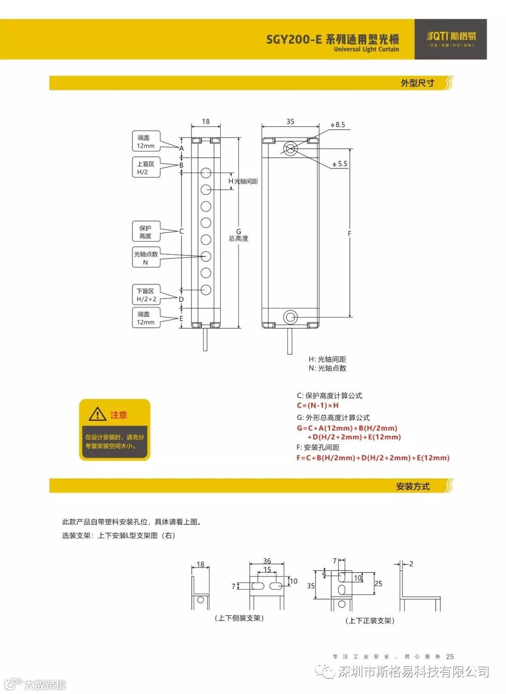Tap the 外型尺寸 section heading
pyautogui.click(x=417, y=83)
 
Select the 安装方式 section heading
pyautogui.click(x=413, y=486)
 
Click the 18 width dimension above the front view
pyautogui.click(x=206, y=121)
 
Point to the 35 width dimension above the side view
pyautogui.click(x=290, y=121)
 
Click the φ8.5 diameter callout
pyautogui.click(x=338, y=125)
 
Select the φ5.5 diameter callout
pyautogui.click(x=340, y=164)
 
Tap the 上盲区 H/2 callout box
pyautogui.click(x=146, y=168)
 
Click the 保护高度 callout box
pyautogui.click(x=146, y=232)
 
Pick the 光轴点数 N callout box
pyautogui.click(x=146, y=258)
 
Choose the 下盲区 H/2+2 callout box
pyautogui.click(x=146, y=295)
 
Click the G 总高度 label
pyautogui.click(x=238, y=235)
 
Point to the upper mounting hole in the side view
pyautogui.click(x=290, y=149)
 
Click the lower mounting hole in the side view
pyautogui.click(x=290, y=317)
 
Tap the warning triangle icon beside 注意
pyautogui.click(x=97, y=414)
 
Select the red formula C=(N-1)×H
pyautogui.click(x=318, y=405)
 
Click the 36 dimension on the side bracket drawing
pyautogui.click(x=267, y=561)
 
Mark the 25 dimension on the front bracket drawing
pyautogui.click(x=379, y=583)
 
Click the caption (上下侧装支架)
pyautogui.click(x=239, y=618)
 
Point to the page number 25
pyautogui.click(x=450, y=657)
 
